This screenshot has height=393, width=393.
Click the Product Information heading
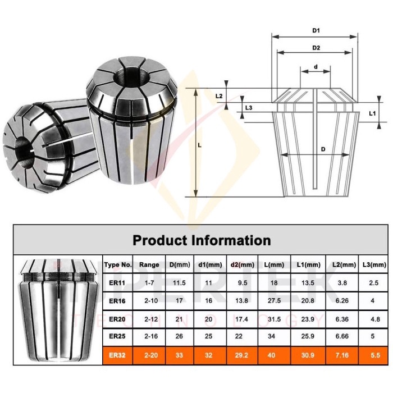pyautogui.click(x=202, y=240)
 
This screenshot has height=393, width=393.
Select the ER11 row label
pyautogui.click(x=118, y=283)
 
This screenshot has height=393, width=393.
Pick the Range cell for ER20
pyautogui.click(x=149, y=319)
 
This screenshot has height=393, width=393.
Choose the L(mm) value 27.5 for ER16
pyautogui.click(x=275, y=301)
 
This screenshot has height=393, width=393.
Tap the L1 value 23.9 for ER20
pyautogui.click(x=308, y=319)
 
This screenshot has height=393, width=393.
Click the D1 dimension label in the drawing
pyautogui.click(x=316, y=30)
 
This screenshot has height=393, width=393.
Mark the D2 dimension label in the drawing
pyautogui.click(x=316, y=48)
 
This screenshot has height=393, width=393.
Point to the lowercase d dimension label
pyautogui.click(x=316, y=66)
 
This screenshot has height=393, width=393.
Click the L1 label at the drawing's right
pyautogui.click(x=372, y=113)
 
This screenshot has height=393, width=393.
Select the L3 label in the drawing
pyautogui.click(x=249, y=108)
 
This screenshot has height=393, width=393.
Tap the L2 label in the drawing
pyautogui.click(x=220, y=95)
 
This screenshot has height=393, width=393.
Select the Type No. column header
pyautogui.click(x=118, y=264)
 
